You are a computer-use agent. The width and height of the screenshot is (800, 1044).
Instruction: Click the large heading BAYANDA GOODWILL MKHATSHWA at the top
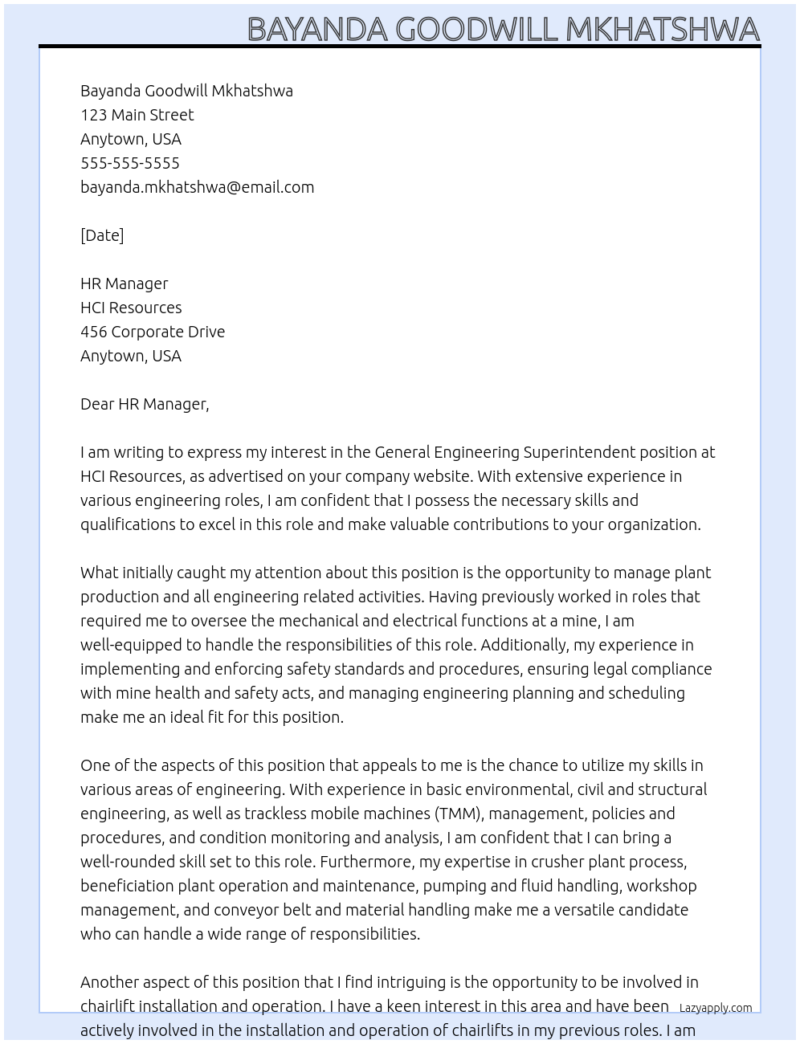coord(503,29)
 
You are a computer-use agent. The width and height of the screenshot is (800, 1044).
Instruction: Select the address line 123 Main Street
coord(137,115)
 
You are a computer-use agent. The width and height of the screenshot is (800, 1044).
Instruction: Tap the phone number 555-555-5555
coord(130,163)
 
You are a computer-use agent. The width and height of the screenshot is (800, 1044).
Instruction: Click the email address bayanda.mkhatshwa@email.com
coord(197,187)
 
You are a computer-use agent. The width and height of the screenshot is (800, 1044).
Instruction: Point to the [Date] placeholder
coord(102,235)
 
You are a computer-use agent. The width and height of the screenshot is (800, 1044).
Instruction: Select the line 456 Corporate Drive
coord(153,332)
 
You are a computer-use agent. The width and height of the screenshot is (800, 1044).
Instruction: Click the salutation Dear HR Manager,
coord(145,404)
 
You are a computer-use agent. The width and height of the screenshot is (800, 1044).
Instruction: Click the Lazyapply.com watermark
coord(716,1008)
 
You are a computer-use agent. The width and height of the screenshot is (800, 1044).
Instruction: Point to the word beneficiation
coord(127,886)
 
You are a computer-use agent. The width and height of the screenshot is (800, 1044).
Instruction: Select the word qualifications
coord(127,524)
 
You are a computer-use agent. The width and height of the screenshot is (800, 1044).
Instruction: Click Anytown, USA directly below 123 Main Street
coord(131,139)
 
